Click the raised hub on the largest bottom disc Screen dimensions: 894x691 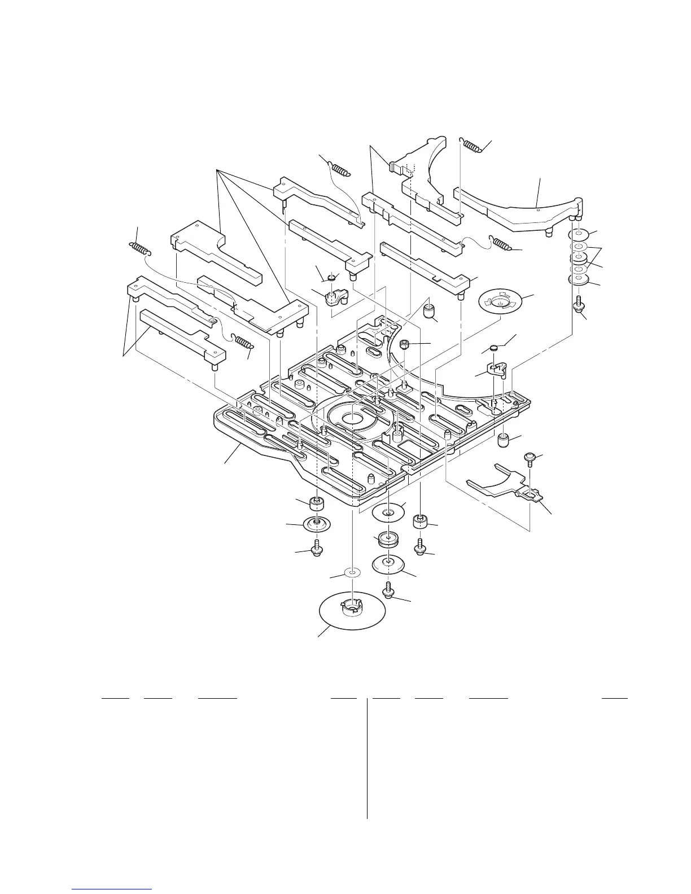[351, 608]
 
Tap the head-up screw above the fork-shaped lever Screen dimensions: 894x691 [531, 457]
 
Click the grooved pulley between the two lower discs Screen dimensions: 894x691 [388, 538]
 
